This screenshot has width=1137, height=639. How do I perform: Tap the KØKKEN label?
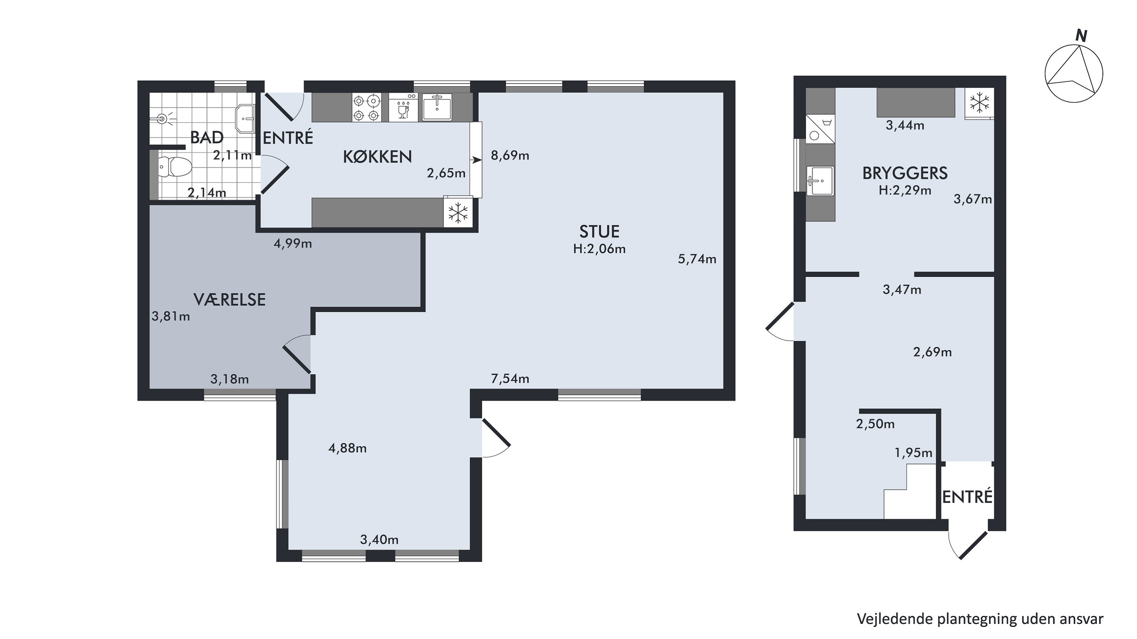pyautogui.click(x=377, y=157)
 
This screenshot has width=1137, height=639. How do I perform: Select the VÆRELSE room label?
pyautogui.click(x=230, y=300)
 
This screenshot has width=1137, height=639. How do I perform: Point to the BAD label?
pyautogui.click(x=207, y=137)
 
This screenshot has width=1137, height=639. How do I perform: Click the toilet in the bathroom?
pyautogui.click(x=175, y=167)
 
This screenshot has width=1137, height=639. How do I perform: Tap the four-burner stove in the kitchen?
pyautogui.click(x=366, y=108)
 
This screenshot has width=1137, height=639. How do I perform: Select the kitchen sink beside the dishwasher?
pyautogui.click(x=437, y=107)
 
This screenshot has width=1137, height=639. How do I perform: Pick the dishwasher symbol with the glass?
pyautogui.click(x=403, y=108)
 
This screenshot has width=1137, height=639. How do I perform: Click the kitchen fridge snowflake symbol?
pyautogui.click(x=458, y=212)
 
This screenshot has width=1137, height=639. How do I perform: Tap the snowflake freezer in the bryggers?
pyautogui.click(x=979, y=103)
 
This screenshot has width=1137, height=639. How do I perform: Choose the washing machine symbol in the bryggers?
pyautogui.click(x=821, y=129)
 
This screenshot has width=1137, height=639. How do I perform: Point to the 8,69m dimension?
pyautogui.click(x=510, y=155)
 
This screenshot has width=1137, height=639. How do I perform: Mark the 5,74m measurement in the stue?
pyautogui.click(x=697, y=259)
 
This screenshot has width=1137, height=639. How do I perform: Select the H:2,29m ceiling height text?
pyautogui.click(x=905, y=191)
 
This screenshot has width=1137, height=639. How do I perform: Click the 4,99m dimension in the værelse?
pyautogui.click(x=293, y=244)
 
